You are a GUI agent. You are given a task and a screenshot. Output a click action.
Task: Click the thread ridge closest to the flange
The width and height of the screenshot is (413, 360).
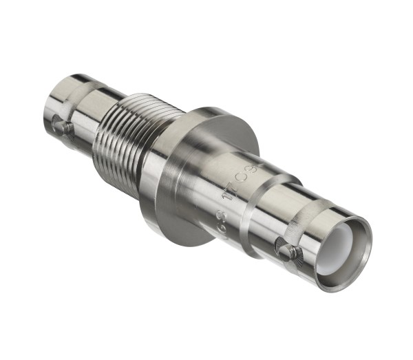[x=138, y=155]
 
